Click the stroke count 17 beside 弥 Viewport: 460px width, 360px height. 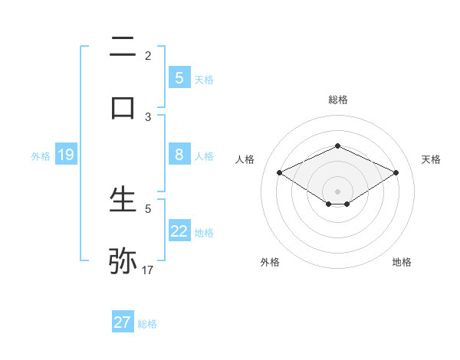point(148,270)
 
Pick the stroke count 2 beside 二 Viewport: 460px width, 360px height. point(148,55)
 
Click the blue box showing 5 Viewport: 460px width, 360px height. point(179,77)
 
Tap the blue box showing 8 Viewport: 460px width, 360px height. point(179,154)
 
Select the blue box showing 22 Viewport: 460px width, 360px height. point(179,231)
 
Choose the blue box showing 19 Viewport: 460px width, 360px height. point(65,155)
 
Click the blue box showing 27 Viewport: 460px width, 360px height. point(123,322)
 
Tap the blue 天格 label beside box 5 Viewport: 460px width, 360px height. point(204,79)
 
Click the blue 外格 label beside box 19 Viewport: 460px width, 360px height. point(41,156)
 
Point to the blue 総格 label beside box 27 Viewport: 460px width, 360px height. point(147,324)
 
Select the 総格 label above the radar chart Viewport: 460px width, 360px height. point(337,100)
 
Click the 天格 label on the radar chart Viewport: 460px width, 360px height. point(432,159)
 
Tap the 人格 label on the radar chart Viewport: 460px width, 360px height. point(245,159)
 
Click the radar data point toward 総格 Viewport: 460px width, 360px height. point(337,145)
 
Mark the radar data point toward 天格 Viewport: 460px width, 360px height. point(396,172)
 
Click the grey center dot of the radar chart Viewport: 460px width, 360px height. point(337,191)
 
